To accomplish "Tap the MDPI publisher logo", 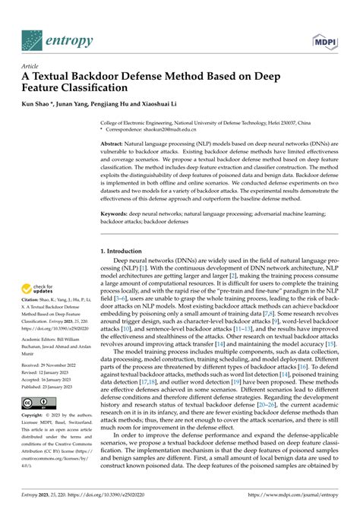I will (324, 39).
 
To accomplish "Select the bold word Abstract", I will (115, 143).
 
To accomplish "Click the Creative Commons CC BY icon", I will (35, 401).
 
